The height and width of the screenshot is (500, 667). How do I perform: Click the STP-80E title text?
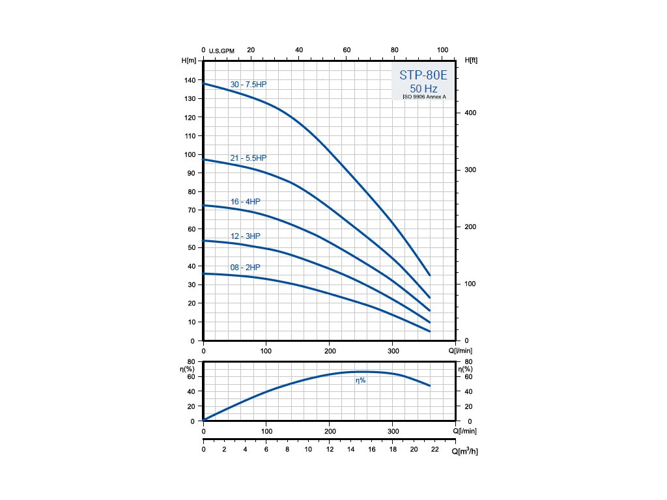tap(423, 75)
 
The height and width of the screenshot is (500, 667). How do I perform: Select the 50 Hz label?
tap(423, 88)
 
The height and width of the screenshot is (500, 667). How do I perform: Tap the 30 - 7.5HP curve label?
tap(248, 85)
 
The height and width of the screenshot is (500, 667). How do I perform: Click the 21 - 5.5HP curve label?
tap(248, 158)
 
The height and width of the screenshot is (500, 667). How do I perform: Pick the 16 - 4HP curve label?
tap(245, 202)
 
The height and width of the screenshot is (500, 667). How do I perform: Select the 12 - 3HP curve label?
tap(245, 236)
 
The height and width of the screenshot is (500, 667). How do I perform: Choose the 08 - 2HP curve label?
tap(245, 268)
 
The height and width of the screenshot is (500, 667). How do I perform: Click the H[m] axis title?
tap(189, 61)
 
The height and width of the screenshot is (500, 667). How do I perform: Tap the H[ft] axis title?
tap(472, 61)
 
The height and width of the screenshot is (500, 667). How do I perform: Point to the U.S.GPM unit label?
tap(221, 51)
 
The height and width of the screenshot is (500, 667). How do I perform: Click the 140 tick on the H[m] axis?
tap(189, 80)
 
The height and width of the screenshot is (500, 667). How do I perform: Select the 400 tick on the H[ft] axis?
tap(471, 113)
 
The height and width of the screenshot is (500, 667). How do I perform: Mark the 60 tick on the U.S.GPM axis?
tap(347, 50)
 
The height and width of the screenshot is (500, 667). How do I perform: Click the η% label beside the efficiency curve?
tap(360, 380)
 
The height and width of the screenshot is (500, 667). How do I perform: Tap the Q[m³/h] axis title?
tap(464, 451)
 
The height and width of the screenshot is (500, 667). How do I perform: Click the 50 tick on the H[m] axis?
tap(191, 247)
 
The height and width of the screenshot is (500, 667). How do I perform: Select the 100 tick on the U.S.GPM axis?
tap(443, 50)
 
